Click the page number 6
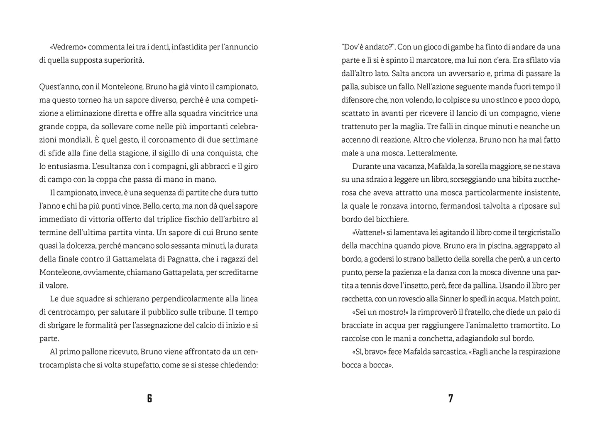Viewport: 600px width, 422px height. coord(149,398)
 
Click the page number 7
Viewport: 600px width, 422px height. coord(451,398)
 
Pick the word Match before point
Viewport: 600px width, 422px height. coord(530,299)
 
